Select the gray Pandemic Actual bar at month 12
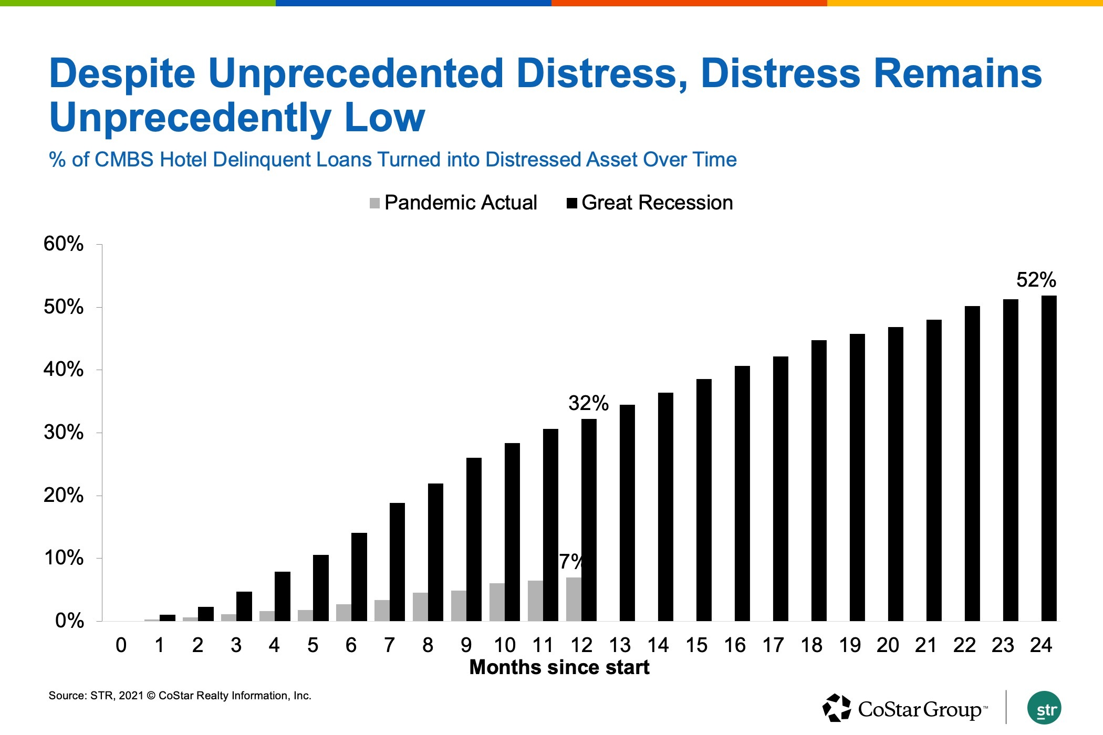[x=574, y=599]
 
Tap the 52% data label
[x=1036, y=280]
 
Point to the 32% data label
[x=588, y=403]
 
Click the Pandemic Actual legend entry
[x=453, y=203]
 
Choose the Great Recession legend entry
[x=650, y=203]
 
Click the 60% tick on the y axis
[x=64, y=244]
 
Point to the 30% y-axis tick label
[x=64, y=433]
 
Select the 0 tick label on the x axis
[x=121, y=645]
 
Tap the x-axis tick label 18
[x=811, y=645]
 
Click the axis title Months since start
[x=559, y=667]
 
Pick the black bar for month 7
[x=397, y=562]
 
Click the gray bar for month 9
[x=459, y=606]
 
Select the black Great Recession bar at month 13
[x=627, y=513]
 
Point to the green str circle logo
[x=1044, y=708]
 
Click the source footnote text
[x=180, y=696]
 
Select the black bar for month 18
[x=819, y=480]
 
